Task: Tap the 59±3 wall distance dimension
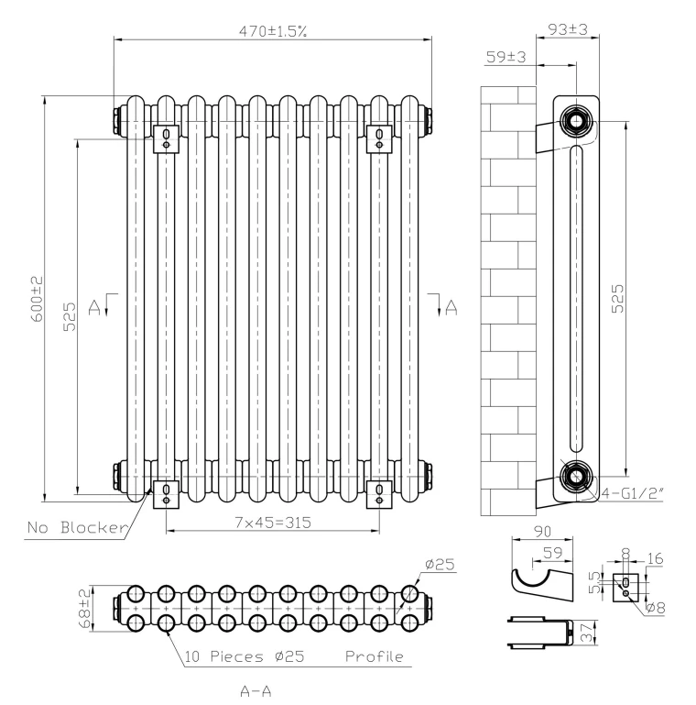click(x=506, y=57)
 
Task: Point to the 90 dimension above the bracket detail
click(x=541, y=532)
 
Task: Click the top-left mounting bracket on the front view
click(x=166, y=138)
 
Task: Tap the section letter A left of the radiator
click(x=92, y=305)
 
